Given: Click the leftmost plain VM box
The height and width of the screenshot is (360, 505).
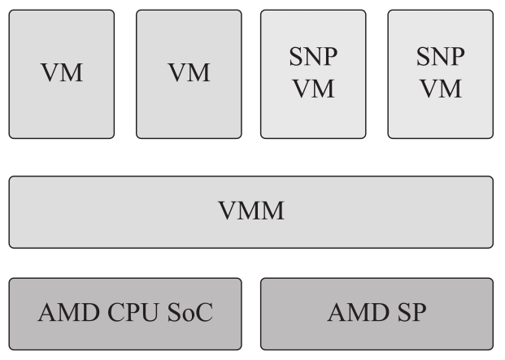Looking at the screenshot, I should [x=62, y=73].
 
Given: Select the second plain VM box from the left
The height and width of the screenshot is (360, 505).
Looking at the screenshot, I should [x=189, y=73].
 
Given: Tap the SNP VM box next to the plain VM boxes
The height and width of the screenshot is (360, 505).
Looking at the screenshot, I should [x=314, y=73].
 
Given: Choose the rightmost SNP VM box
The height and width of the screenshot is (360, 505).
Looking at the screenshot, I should [x=440, y=73].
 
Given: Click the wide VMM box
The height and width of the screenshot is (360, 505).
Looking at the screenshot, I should [x=250, y=212].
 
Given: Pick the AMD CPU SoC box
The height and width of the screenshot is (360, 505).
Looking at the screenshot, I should [x=125, y=313].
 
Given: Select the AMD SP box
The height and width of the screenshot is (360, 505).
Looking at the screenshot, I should [x=377, y=313].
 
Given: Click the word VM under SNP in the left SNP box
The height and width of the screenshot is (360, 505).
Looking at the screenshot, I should [x=314, y=88].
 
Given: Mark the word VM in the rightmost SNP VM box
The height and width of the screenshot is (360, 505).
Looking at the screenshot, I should [x=440, y=88].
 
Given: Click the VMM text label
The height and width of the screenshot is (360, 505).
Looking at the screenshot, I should [x=251, y=212].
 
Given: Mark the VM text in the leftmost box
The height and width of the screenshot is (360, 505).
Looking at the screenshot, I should [x=62, y=73].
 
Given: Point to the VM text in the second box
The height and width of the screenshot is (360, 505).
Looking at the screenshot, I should [x=189, y=73].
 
